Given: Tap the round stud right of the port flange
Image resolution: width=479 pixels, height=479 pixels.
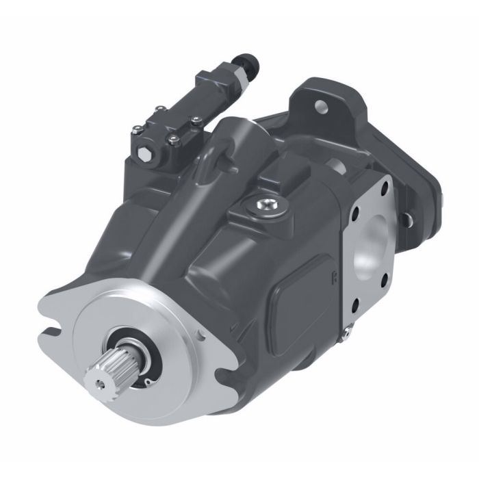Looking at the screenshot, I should point(406,219).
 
